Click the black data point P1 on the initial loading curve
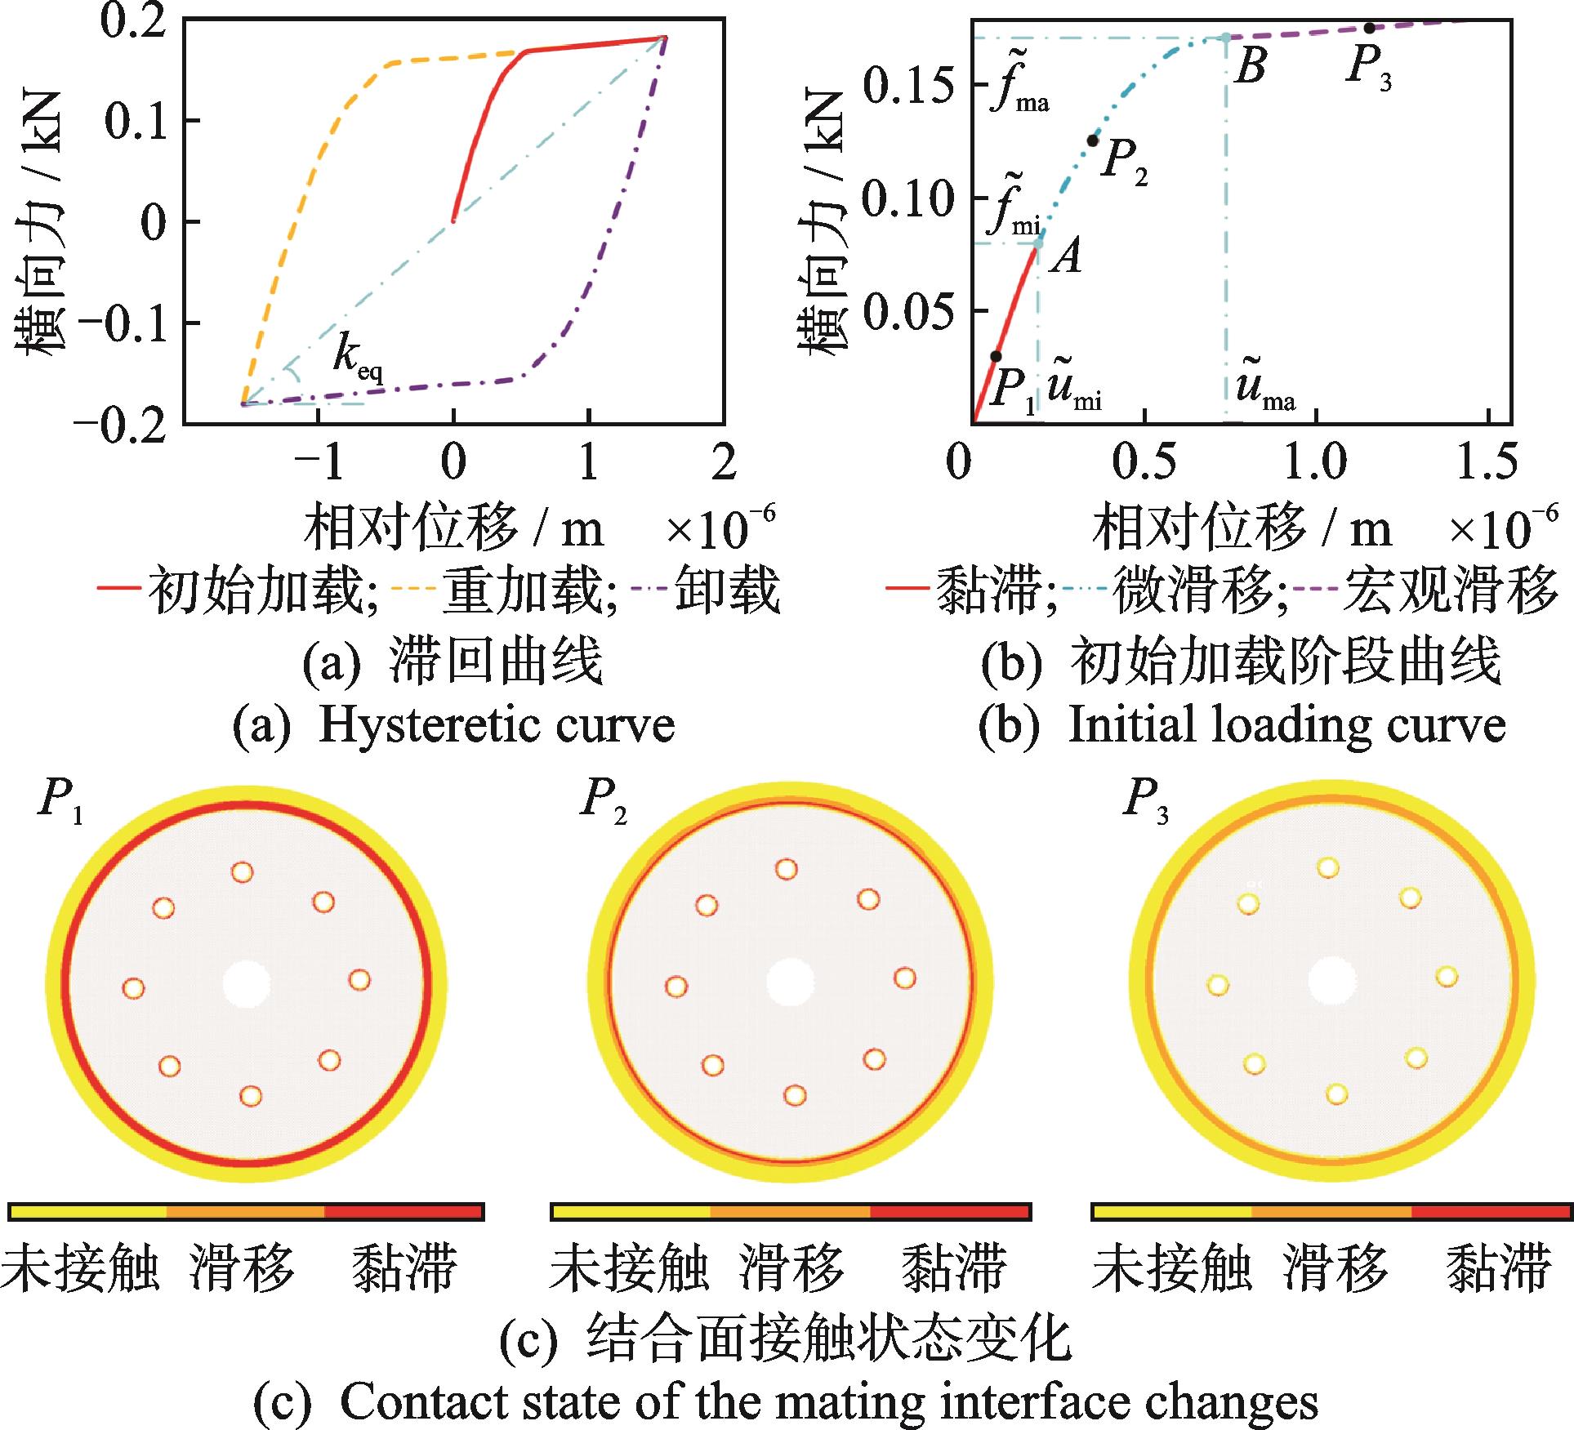coord(996,356)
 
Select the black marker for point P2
coord(1093,140)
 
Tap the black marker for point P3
coord(1369,28)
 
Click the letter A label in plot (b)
coord(1066,257)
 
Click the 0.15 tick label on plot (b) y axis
coord(908,85)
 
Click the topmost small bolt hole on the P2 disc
coord(787,869)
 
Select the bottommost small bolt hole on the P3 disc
coord(1336,1094)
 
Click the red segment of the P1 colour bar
coord(404,1211)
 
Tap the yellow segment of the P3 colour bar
coord(1171,1211)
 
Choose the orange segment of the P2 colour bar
coord(790,1211)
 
